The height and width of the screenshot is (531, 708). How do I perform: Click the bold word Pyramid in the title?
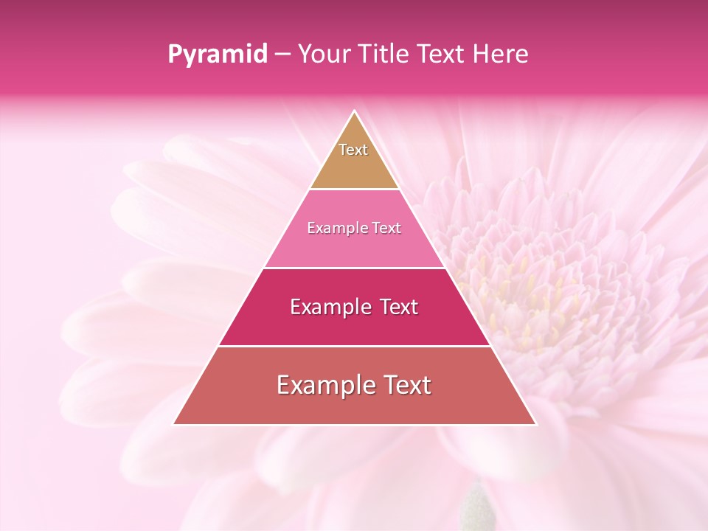(218, 55)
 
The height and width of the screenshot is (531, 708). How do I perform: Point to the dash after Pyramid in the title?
(282, 55)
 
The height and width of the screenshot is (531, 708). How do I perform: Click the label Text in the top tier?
(353, 150)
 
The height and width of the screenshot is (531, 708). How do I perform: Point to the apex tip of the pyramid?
(355, 111)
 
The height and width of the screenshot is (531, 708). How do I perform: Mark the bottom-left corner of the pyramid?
(174, 424)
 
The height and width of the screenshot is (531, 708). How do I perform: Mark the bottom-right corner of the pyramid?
(535, 424)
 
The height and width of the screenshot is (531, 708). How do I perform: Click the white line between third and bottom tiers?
(355, 346)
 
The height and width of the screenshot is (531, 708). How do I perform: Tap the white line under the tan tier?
(355, 190)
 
